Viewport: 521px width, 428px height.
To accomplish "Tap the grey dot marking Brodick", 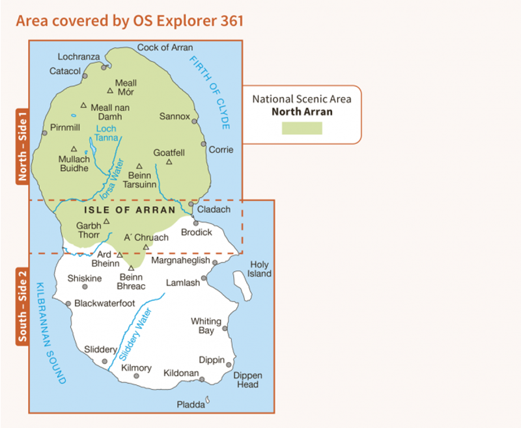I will [195, 223].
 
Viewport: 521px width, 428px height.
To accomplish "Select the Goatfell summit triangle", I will [169, 162].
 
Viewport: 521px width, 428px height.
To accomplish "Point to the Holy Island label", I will [260, 269].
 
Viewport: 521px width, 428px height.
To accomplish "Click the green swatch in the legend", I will [302, 127].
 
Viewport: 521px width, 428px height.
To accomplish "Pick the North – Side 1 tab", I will [22, 146].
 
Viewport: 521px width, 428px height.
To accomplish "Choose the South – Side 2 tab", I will [22, 305].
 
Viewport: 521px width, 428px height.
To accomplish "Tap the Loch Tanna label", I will [106, 133].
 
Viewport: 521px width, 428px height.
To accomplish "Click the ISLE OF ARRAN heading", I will [130, 210].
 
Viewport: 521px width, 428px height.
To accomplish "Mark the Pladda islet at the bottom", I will [208, 399].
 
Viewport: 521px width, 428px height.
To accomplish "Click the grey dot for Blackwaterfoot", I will [68, 303].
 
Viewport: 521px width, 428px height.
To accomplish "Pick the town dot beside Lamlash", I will [204, 278].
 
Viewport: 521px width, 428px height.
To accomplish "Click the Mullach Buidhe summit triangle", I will [74, 148].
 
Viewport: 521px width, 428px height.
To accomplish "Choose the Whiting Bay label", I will [206, 326].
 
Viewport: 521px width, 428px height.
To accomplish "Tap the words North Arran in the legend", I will [302, 112].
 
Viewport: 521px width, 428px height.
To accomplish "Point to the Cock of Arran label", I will [165, 47].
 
